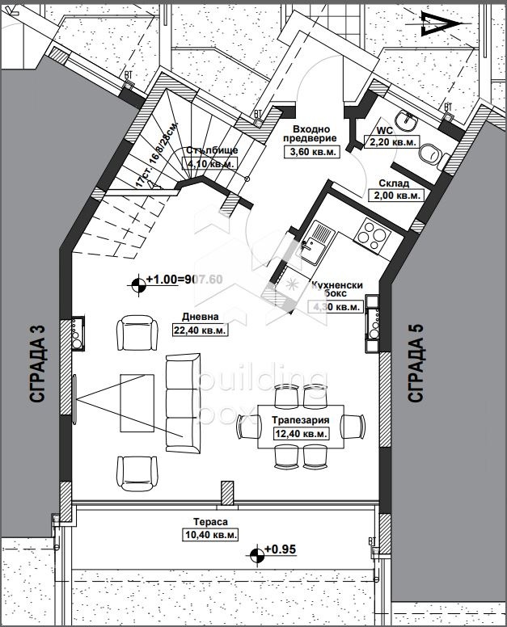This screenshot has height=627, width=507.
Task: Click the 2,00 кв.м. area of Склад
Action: point(395,195)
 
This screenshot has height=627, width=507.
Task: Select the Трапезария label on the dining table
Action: point(300,421)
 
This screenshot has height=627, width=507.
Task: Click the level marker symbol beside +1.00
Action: point(138,281)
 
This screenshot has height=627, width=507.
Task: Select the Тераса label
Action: point(209,523)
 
